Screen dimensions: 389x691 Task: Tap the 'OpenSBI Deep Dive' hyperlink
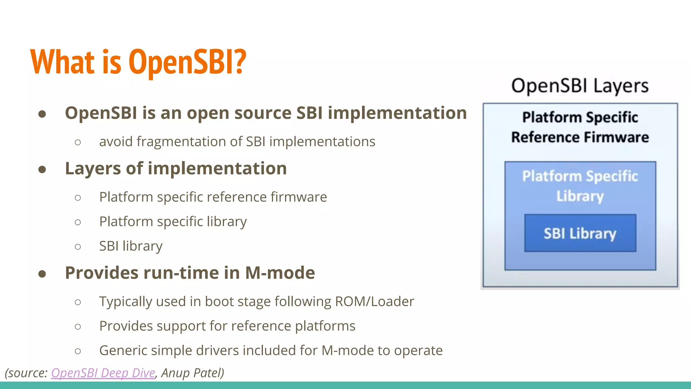103,373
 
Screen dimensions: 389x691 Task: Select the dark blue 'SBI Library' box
580,233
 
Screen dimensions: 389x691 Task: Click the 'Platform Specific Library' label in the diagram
580,186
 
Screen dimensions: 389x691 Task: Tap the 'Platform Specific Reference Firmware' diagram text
580,127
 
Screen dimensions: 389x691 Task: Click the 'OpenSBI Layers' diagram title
580,86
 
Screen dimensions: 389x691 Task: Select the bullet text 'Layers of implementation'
176,168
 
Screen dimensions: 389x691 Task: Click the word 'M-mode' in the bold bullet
280,273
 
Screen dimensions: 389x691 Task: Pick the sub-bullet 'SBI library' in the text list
131,246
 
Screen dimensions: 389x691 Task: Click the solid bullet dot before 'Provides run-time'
42,274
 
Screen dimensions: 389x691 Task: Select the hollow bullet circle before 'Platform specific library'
78,222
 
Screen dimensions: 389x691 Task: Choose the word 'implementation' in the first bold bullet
397,113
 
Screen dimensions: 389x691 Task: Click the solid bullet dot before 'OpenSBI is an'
42,114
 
